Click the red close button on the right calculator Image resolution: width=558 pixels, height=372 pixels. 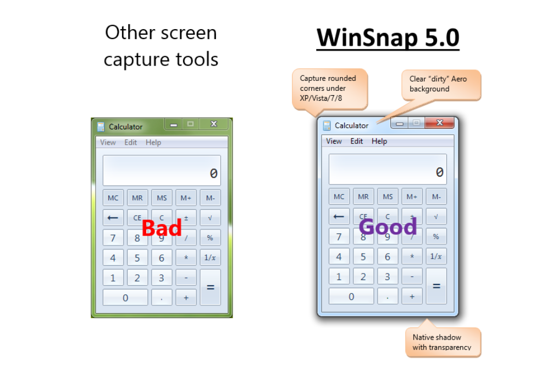(x=439, y=123)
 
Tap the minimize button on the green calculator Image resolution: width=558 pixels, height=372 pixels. (x=174, y=124)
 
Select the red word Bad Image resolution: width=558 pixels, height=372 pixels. (x=162, y=228)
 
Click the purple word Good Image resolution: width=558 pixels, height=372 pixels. (x=388, y=226)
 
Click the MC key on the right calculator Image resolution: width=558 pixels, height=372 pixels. (x=339, y=196)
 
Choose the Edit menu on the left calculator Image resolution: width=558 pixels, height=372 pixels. (x=131, y=142)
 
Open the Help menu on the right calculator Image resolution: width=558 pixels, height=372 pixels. (x=379, y=141)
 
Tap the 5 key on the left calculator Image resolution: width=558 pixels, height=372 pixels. (x=137, y=258)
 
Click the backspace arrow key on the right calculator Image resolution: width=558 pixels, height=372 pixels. (x=339, y=216)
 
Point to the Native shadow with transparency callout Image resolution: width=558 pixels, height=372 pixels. (x=443, y=342)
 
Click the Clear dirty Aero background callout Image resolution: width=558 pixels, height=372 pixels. (x=441, y=85)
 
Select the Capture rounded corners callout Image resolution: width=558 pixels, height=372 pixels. (x=329, y=89)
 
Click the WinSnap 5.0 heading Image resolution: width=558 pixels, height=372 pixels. (x=388, y=37)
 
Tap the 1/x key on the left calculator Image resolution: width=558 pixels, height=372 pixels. (x=211, y=258)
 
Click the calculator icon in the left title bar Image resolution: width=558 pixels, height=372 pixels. (x=101, y=127)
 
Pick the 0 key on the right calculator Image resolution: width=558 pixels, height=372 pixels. (x=351, y=296)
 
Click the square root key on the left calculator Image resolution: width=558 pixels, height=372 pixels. (x=211, y=217)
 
